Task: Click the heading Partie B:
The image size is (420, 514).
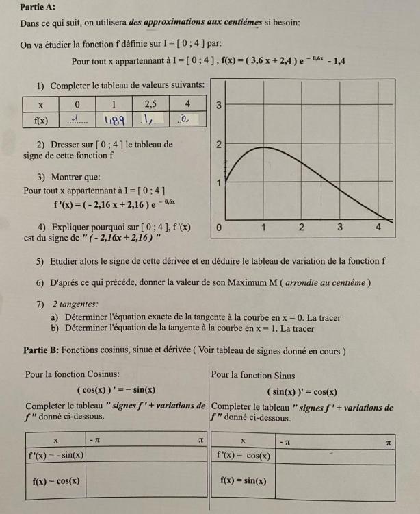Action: [x=41, y=350]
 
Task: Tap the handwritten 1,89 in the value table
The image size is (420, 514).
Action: [x=114, y=120]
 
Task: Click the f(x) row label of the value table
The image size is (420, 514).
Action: [x=41, y=120]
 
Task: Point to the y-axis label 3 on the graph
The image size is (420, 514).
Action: [x=218, y=106]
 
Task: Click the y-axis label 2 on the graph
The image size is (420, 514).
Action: [x=218, y=145]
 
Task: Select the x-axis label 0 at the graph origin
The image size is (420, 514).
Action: [x=218, y=227]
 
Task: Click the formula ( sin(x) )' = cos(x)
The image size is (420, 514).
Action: [x=302, y=392]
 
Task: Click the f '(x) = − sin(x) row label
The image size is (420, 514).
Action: [x=56, y=455]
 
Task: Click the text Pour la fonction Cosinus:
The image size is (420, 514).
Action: [x=72, y=375]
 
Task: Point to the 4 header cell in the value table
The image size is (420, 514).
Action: [x=187, y=104]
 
